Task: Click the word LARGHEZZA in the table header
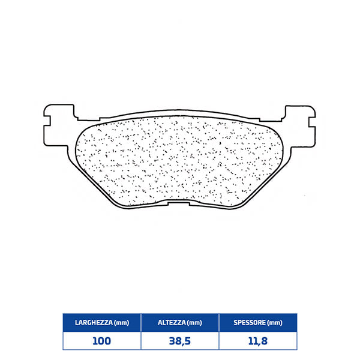[x=92, y=323]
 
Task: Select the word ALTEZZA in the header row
[x=172, y=323]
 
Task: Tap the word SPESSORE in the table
[x=249, y=323]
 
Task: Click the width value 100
[x=102, y=341]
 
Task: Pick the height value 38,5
[x=180, y=341]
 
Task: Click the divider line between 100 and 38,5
[x=141, y=341]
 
